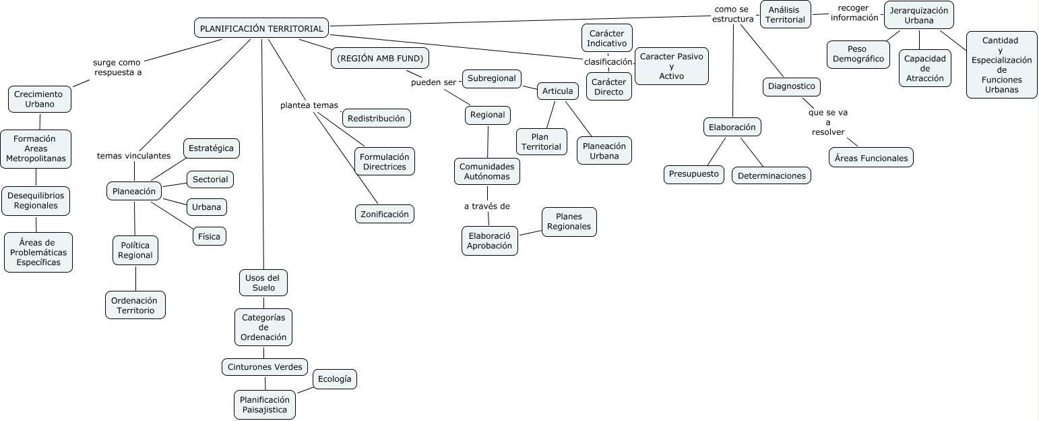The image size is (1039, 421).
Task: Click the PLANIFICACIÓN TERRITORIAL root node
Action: point(262,28)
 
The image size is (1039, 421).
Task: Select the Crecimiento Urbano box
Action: point(40,99)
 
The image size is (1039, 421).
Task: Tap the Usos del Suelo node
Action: point(263,283)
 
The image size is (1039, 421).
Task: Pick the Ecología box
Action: point(334,379)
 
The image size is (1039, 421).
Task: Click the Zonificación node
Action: point(384,214)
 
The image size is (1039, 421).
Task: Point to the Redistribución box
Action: point(377,118)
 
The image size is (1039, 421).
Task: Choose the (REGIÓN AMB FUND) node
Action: point(380,58)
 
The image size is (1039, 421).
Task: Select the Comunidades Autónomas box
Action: point(486,171)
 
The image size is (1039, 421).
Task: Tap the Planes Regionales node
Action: point(569,221)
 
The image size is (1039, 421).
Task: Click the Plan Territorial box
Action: point(541,142)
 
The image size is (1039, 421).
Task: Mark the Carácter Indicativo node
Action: point(606,38)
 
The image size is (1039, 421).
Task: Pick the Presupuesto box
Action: point(694,174)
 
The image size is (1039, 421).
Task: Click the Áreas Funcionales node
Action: point(871,159)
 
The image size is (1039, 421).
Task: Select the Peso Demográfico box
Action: point(858,54)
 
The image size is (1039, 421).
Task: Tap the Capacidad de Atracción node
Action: point(924,68)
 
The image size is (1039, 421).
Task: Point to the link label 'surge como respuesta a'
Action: point(117,67)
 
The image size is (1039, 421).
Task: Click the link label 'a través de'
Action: point(486,206)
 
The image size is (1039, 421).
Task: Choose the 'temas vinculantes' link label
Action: point(133,156)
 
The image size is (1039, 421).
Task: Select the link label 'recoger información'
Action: point(854,13)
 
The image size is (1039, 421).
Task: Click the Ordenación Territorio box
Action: point(135,305)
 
